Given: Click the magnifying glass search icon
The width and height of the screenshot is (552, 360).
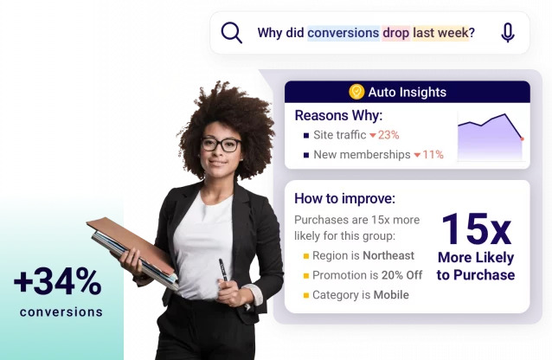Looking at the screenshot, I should pyautogui.click(x=231, y=33).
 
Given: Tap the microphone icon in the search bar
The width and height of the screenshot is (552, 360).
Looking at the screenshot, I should pyautogui.click(x=507, y=33).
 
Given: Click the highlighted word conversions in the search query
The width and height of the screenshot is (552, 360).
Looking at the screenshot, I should pyautogui.click(x=343, y=33).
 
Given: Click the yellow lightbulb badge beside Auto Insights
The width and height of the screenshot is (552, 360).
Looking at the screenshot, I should pyautogui.click(x=356, y=92).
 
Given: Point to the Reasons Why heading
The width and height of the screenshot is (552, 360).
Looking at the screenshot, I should pyautogui.click(x=337, y=115).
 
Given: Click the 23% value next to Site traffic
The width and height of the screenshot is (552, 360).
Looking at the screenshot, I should pyautogui.click(x=388, y=135).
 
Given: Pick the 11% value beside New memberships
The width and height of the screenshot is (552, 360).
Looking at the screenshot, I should pyautogui.click(x=433, y=155).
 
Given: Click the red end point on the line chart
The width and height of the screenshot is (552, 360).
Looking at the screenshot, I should pyautogui.click(x=522, y=138).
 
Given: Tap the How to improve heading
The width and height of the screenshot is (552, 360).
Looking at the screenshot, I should pyautogui.click(x=344, y=198).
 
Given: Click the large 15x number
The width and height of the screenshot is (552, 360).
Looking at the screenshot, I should pyautogui.click(x=475, y=228).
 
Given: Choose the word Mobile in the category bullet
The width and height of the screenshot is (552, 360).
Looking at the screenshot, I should pyautogui.click(x=390, y=295).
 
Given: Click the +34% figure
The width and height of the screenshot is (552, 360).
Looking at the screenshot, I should pyautogui.click(x=58, y=282).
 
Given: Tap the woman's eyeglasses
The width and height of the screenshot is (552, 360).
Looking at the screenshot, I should pyautogui.click(x=221, y=145).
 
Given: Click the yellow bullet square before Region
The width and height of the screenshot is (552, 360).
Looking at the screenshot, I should pyautogui.click(x=305, y=256).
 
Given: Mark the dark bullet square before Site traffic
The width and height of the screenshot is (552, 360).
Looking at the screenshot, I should pyautogui.click(x=305, y=135).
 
